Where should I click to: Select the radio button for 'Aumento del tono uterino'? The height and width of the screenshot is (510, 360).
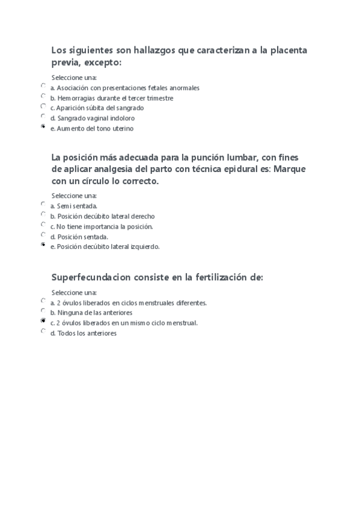(43, 127)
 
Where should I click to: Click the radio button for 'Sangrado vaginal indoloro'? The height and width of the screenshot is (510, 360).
(43, 117)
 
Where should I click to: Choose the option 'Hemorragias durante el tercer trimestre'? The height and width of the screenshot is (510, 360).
(43, 96)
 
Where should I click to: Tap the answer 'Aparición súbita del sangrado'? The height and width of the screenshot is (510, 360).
(43, 106)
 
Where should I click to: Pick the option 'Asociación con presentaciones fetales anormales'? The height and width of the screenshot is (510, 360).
(43, 86)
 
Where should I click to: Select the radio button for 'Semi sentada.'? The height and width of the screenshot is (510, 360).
(43, 204)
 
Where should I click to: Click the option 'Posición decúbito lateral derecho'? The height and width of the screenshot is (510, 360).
(43, 215)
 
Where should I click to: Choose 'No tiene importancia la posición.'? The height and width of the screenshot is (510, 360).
(43, 225)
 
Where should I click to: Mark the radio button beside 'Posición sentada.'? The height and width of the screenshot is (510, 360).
(43, 235)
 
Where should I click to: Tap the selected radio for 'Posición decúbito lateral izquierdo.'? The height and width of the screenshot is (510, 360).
(43, 245)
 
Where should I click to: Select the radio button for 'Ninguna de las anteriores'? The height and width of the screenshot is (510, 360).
(43, 312)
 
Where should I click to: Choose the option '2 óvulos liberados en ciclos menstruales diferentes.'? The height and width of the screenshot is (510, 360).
(43, 301)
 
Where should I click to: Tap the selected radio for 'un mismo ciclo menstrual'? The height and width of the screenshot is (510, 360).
(43, 322)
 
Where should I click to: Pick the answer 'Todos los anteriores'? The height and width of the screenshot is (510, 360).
(43, 331)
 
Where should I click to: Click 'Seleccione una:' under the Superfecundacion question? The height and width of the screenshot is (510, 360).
(74, 292)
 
